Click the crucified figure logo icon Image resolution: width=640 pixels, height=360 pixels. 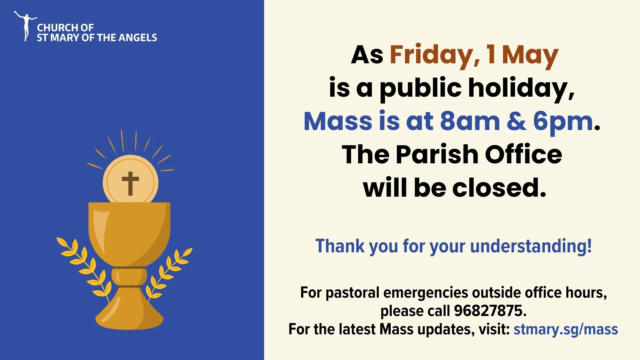click(x=25, y=26)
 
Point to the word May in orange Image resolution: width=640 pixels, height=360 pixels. click(x=530, y=55)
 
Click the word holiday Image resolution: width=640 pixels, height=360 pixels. click(x=521, y=88)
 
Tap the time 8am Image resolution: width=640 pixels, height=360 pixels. click(x=470, y=121)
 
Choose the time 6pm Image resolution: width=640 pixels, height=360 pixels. click(x=563, y=121)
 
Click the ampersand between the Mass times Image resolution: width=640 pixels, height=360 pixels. click(x=516, y=121)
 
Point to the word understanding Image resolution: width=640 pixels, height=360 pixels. click(x=531, y=246)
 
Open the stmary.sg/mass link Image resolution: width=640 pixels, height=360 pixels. click(x=566, y=329)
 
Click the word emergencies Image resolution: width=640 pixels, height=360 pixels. click(x=426, y=293)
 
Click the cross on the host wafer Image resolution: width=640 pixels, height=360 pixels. click(x=130, y=183)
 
